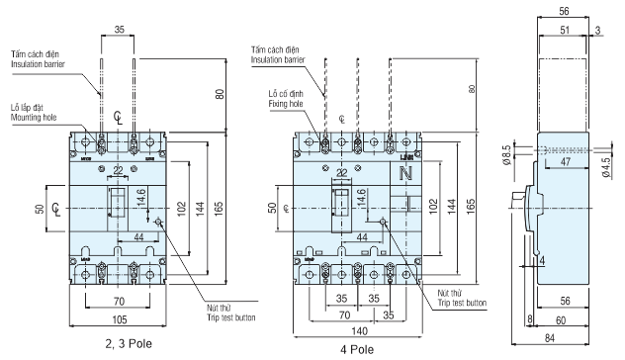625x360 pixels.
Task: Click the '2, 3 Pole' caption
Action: (x=129, y=343)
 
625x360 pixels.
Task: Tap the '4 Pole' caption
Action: (x=357, y=350)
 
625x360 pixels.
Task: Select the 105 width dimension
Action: (x=120, y=319)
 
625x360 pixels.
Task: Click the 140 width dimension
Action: (x=359, y=331)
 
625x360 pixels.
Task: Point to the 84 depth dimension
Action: (x=550, y=338)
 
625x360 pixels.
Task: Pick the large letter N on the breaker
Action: (x=405, y=173)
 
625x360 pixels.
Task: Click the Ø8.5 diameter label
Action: (x=506, y=155)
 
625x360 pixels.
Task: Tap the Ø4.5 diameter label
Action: (x=606, y=167)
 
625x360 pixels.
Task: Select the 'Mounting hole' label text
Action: (x=34, y=118)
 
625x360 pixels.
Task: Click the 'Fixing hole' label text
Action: (x=286, y=104)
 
